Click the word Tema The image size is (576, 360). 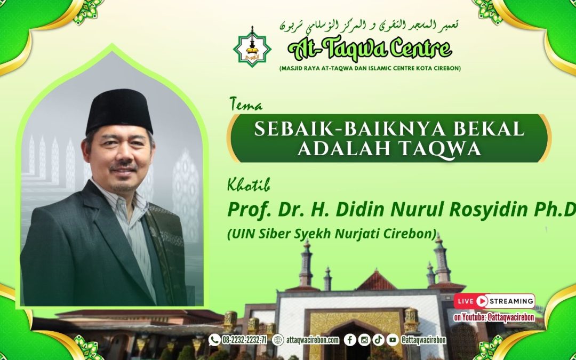click(246, 105)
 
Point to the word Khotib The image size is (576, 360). click(249, 187)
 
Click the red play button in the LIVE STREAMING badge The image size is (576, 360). click(482, 301)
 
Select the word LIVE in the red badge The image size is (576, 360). click(465, 301)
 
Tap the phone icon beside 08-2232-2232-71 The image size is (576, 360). click(214, 340)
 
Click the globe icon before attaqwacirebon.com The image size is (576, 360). click(278, 340)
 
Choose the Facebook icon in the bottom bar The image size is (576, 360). click(350, 340)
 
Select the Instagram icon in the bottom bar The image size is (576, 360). click(364, 340)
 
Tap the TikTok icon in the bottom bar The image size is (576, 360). click(378, 340)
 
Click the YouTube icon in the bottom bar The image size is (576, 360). click(393, 340)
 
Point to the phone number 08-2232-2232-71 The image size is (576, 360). click(244, 340)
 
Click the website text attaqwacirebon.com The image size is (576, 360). click(313, 340)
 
